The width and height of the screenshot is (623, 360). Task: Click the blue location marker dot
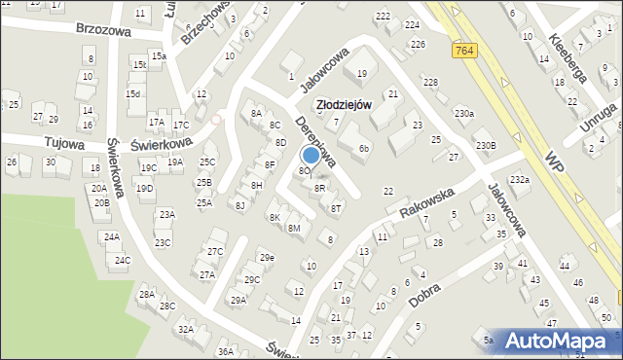click(x=311, y=154)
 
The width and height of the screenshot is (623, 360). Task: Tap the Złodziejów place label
click(x=340, y=105)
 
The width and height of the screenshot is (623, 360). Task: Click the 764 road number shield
click(x=463, y=49)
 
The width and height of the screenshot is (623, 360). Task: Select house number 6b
click(x=363, y=148)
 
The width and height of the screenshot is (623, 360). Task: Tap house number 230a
click(x=463, y=114)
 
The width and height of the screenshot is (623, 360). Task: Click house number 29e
click(x=266, y=257)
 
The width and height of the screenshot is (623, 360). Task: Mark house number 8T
click(x=336, y=207)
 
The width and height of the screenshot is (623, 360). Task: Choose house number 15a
click(x=158, y=56)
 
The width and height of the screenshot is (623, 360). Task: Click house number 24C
click(x=122, y=260)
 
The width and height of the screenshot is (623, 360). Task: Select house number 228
click(x=430, y=82)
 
